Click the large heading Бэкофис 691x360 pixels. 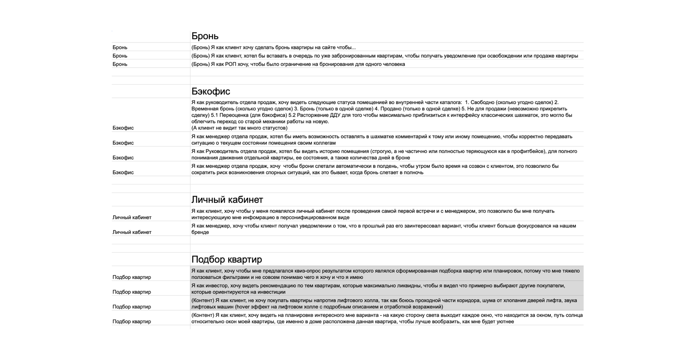click(x=211, y=91)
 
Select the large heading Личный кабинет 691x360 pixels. click(x=227, y=200)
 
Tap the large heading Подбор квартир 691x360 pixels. click(x=227, y=259)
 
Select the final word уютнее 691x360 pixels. click(x=505, y=322)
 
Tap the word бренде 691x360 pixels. click(x=200, y=232)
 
